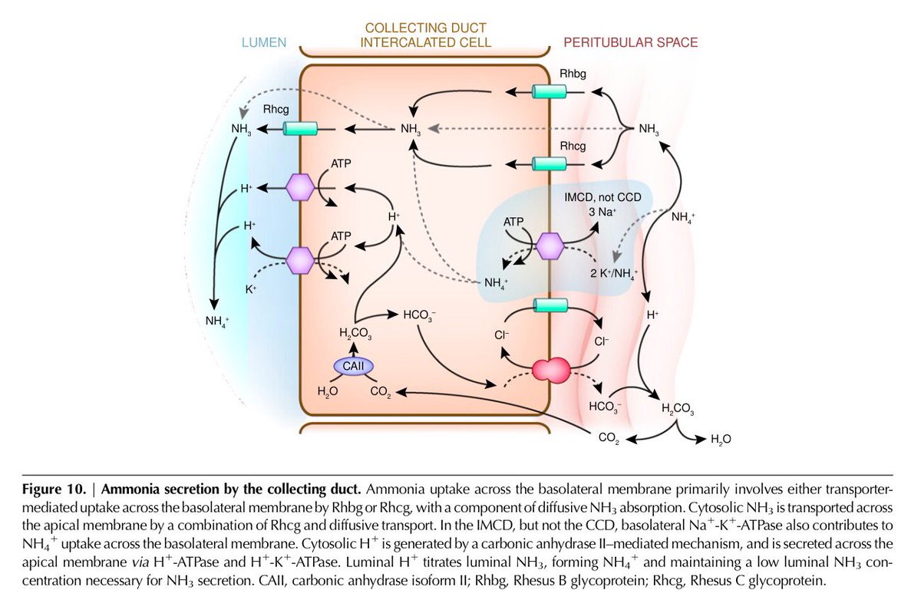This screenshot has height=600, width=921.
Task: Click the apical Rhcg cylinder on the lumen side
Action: click(x=301, y=130)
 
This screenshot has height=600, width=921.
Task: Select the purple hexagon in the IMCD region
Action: click(x=550, y=246)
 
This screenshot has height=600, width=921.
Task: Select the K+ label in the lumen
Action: click(x=251, y=290)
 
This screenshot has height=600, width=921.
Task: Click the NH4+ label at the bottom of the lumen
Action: click(x=219, y=320)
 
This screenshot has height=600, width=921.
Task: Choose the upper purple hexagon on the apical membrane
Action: click(x=300, y=187)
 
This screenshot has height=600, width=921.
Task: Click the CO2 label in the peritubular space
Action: click(x=609, y=439)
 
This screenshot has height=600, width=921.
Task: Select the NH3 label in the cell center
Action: click(x=411, y=130)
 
